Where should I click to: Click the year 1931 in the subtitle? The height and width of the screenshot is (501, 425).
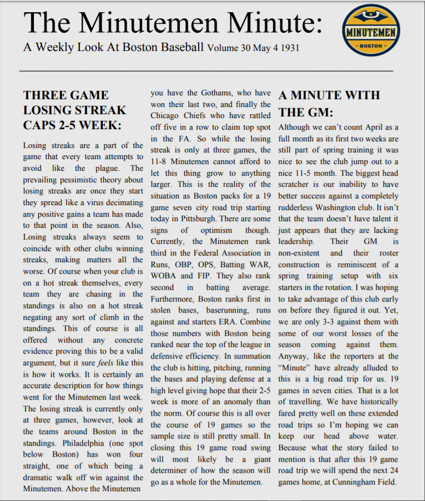coord(288,48)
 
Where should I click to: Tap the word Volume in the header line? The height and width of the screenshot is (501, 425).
coord(225,48)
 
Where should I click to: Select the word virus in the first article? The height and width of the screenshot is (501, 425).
coord(97,203)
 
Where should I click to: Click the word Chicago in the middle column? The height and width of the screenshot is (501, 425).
coord(167,115)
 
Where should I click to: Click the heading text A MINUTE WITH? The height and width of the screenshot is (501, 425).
coord(329,95)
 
